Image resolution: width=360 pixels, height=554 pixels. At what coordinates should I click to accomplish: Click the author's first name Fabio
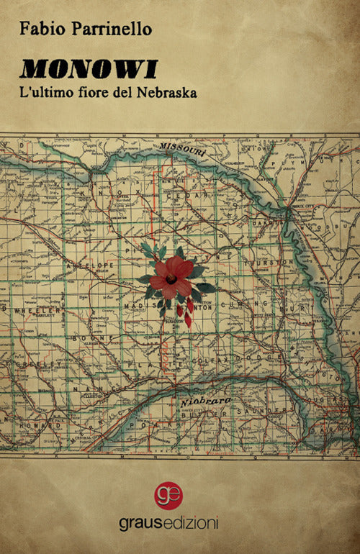click(39, 28)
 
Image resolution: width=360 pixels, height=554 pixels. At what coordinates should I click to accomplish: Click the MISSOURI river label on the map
click(183, 150)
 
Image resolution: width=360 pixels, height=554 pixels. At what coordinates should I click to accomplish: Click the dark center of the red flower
click(171, 279)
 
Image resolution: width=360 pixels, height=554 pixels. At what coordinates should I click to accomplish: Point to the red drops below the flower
click(185, 313)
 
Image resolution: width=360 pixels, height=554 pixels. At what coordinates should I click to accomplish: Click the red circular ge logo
click(168, 495)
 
